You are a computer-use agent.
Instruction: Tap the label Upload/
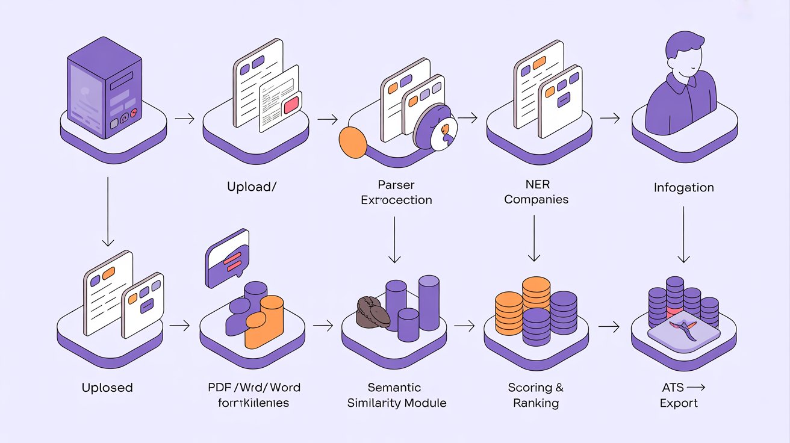click(x=252, y=187)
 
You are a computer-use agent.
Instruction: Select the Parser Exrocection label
click(x=396, y=193)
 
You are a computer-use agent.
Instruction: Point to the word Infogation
click(x=683, y=187)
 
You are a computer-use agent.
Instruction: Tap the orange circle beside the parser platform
click(x=353, y=141)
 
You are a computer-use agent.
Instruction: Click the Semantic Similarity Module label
click(x=397, y=395)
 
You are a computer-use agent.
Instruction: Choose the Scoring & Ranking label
click(x=536, y=395)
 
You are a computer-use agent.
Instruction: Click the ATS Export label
click(x=679, y=395)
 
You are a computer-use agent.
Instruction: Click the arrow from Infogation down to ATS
click(x=683, y=235)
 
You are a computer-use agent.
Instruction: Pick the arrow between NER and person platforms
click(x=610, y=119)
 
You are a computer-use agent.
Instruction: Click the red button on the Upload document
click(x=290, y=105)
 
